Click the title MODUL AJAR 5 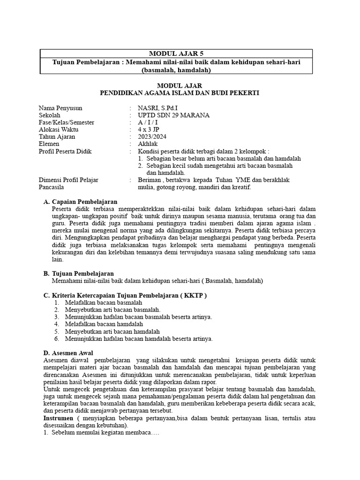(x=180, y=54)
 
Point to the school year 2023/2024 (x=152, y=137)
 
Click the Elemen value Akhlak (x=147, y=144)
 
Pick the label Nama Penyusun (x=60, y=108)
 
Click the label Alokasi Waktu (x=59, y=130)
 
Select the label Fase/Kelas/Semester (x=67, y=123)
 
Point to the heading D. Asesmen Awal (x=68, y=352)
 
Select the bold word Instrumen (x=58, y=417)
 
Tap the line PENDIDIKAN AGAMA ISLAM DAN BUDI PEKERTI (x=180, y=93)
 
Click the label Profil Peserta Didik (x=65, y=151)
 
